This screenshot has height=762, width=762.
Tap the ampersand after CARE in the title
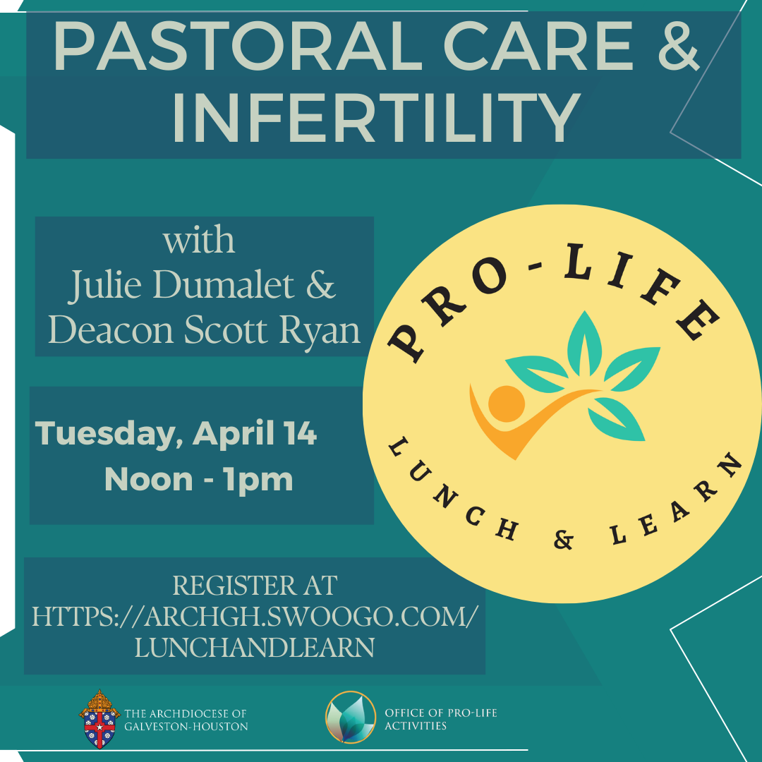pos(679,46)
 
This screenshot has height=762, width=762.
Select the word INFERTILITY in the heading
pos(377,118)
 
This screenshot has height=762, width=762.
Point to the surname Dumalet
pos(224,284)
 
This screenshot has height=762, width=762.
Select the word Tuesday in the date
pos(109,433)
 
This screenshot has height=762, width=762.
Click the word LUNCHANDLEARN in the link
pos(254,647)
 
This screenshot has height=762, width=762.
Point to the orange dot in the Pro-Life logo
pos(507,404)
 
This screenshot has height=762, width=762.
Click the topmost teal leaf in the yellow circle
pos(585,344)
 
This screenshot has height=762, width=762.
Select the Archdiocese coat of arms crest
pos(99,719)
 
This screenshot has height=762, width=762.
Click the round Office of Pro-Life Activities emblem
pos(351,718)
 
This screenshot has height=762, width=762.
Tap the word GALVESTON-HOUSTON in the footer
pos(186,727)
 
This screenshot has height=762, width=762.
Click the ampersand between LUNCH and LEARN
pos(563,540)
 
